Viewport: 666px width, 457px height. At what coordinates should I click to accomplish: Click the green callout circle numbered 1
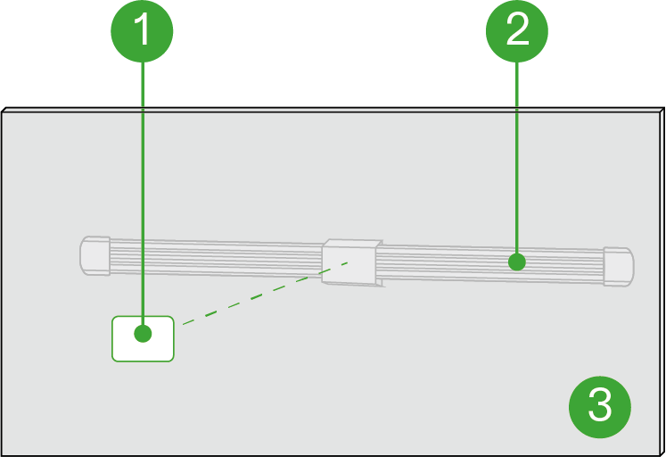(142, 31)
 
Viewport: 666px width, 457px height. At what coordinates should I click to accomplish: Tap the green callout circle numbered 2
(517, 31)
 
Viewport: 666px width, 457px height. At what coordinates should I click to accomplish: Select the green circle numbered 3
(600, 406)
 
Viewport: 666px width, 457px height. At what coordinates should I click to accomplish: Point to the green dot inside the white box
(143, 334)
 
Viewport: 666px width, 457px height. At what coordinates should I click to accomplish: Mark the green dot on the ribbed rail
(516, 262)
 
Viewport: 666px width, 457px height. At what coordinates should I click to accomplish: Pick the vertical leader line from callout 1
(143, 179)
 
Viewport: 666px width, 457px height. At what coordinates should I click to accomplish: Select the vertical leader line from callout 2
(517, 161)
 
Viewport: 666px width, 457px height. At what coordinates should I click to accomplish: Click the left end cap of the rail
(95, 256)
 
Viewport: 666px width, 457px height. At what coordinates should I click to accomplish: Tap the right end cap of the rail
(618, 266)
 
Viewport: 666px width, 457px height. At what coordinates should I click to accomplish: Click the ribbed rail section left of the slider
(214, 258)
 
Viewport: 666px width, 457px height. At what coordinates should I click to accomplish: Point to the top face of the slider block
(351, 243)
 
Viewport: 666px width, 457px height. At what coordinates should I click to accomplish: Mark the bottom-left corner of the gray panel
(4, 453)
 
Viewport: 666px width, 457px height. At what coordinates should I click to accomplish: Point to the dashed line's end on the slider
(349, 262)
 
